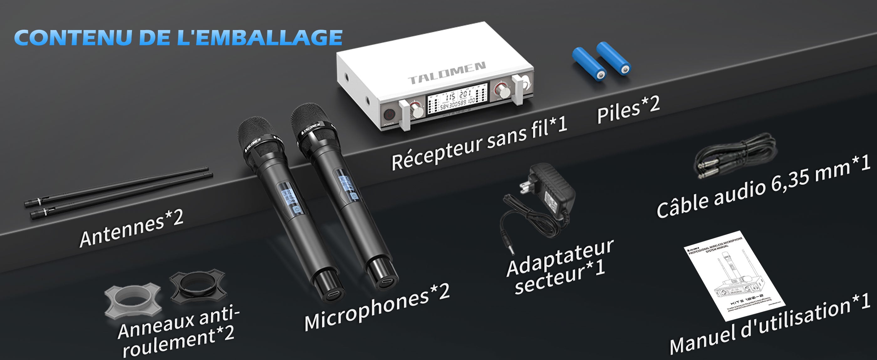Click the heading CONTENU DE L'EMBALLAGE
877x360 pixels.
[178, 38]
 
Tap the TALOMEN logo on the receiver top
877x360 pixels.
[447, 73]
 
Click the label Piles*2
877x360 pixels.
[628, 110]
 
